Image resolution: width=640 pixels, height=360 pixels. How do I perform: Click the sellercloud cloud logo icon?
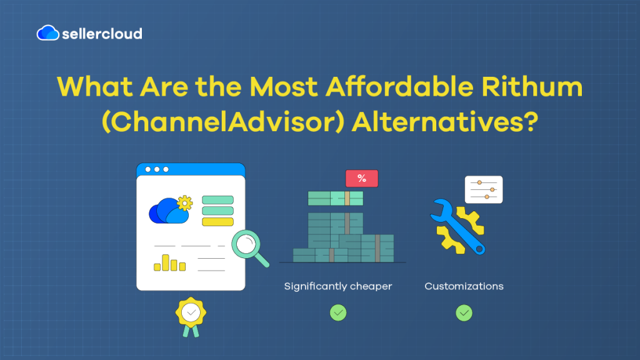tap(48, 32)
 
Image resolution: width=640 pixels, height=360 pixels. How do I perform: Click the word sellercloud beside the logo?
tap(102, 33)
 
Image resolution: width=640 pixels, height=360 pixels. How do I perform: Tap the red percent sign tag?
tap(362, 179)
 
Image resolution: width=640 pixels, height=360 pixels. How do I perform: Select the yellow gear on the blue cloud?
tap(184, 202)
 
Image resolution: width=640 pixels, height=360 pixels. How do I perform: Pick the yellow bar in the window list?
tap(217, 222)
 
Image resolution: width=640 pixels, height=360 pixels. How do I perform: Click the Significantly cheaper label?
tap(338, 286)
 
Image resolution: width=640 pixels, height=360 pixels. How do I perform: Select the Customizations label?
tap(464, 286)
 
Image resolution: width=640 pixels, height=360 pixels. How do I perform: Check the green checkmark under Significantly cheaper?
tap(338, 312)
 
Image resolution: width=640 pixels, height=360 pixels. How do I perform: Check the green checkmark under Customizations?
tap(464, 312)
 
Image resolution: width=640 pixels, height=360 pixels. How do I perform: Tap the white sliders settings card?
tap(484, 189)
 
